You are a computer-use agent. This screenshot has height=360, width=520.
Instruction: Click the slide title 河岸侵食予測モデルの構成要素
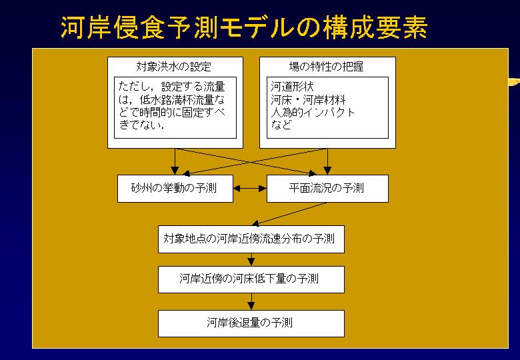244,27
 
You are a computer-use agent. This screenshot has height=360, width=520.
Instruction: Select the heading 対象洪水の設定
174,67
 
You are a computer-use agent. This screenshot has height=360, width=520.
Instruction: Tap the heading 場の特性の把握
326,67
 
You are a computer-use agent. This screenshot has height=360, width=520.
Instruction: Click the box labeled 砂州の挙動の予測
175,189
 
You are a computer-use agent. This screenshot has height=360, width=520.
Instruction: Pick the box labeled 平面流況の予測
327,189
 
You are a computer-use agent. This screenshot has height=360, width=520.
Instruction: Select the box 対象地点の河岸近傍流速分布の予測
251,239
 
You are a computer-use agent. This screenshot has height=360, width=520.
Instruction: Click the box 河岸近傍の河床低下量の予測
251,279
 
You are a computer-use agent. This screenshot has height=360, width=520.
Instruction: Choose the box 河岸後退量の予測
251,323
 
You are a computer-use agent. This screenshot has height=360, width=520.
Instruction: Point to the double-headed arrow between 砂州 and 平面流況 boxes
250,189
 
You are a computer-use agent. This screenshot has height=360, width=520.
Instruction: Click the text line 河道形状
292,87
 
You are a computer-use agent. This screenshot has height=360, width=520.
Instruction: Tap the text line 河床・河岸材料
308,99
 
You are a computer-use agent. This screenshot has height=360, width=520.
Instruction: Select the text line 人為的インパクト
313,113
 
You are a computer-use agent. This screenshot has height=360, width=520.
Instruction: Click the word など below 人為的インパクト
281,125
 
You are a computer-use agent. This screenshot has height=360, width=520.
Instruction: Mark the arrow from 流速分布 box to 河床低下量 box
251,259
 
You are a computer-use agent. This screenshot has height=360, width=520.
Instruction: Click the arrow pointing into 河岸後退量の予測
251,301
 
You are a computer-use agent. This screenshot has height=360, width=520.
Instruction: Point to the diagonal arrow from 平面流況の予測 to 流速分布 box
289,214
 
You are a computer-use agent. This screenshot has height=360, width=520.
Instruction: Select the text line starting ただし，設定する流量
172,87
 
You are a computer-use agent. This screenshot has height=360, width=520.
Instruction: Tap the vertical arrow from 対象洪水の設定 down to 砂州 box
175,162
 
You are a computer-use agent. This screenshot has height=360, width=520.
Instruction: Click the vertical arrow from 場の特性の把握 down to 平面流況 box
327,162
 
